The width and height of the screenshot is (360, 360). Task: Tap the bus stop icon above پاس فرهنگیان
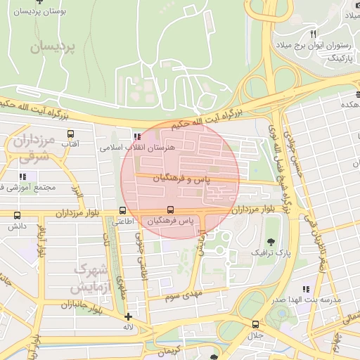tap(170, 210)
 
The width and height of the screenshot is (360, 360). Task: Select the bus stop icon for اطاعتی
tap(123, 210)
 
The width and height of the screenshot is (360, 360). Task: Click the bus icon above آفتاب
tap(70, 133)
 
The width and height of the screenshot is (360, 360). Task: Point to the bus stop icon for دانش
tap(17, 216)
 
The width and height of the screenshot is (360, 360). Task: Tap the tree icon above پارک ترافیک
tap(271, 241)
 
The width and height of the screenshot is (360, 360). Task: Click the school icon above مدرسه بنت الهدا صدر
tap(304, 289)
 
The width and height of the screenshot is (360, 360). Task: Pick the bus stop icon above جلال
tap(255, 325)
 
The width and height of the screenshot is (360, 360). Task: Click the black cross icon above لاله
tap(127, 316)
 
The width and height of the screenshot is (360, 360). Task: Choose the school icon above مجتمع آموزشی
tap(20, 176)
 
